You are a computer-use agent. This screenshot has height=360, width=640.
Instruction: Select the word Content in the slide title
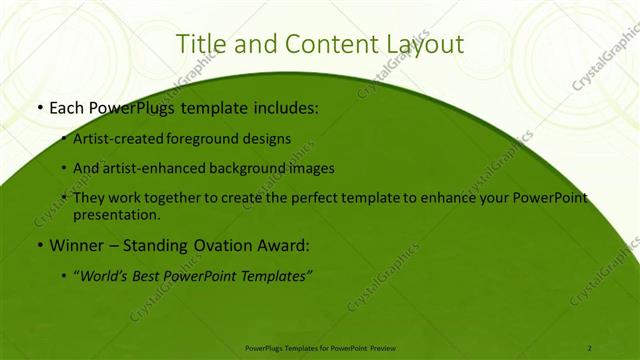[x=318, y=44]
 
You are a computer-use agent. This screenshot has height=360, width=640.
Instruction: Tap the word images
[x=312, y=168]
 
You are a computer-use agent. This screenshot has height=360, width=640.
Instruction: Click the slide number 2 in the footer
[x=590, y=347]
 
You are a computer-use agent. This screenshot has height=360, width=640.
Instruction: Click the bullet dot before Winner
[x=38, y=244]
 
